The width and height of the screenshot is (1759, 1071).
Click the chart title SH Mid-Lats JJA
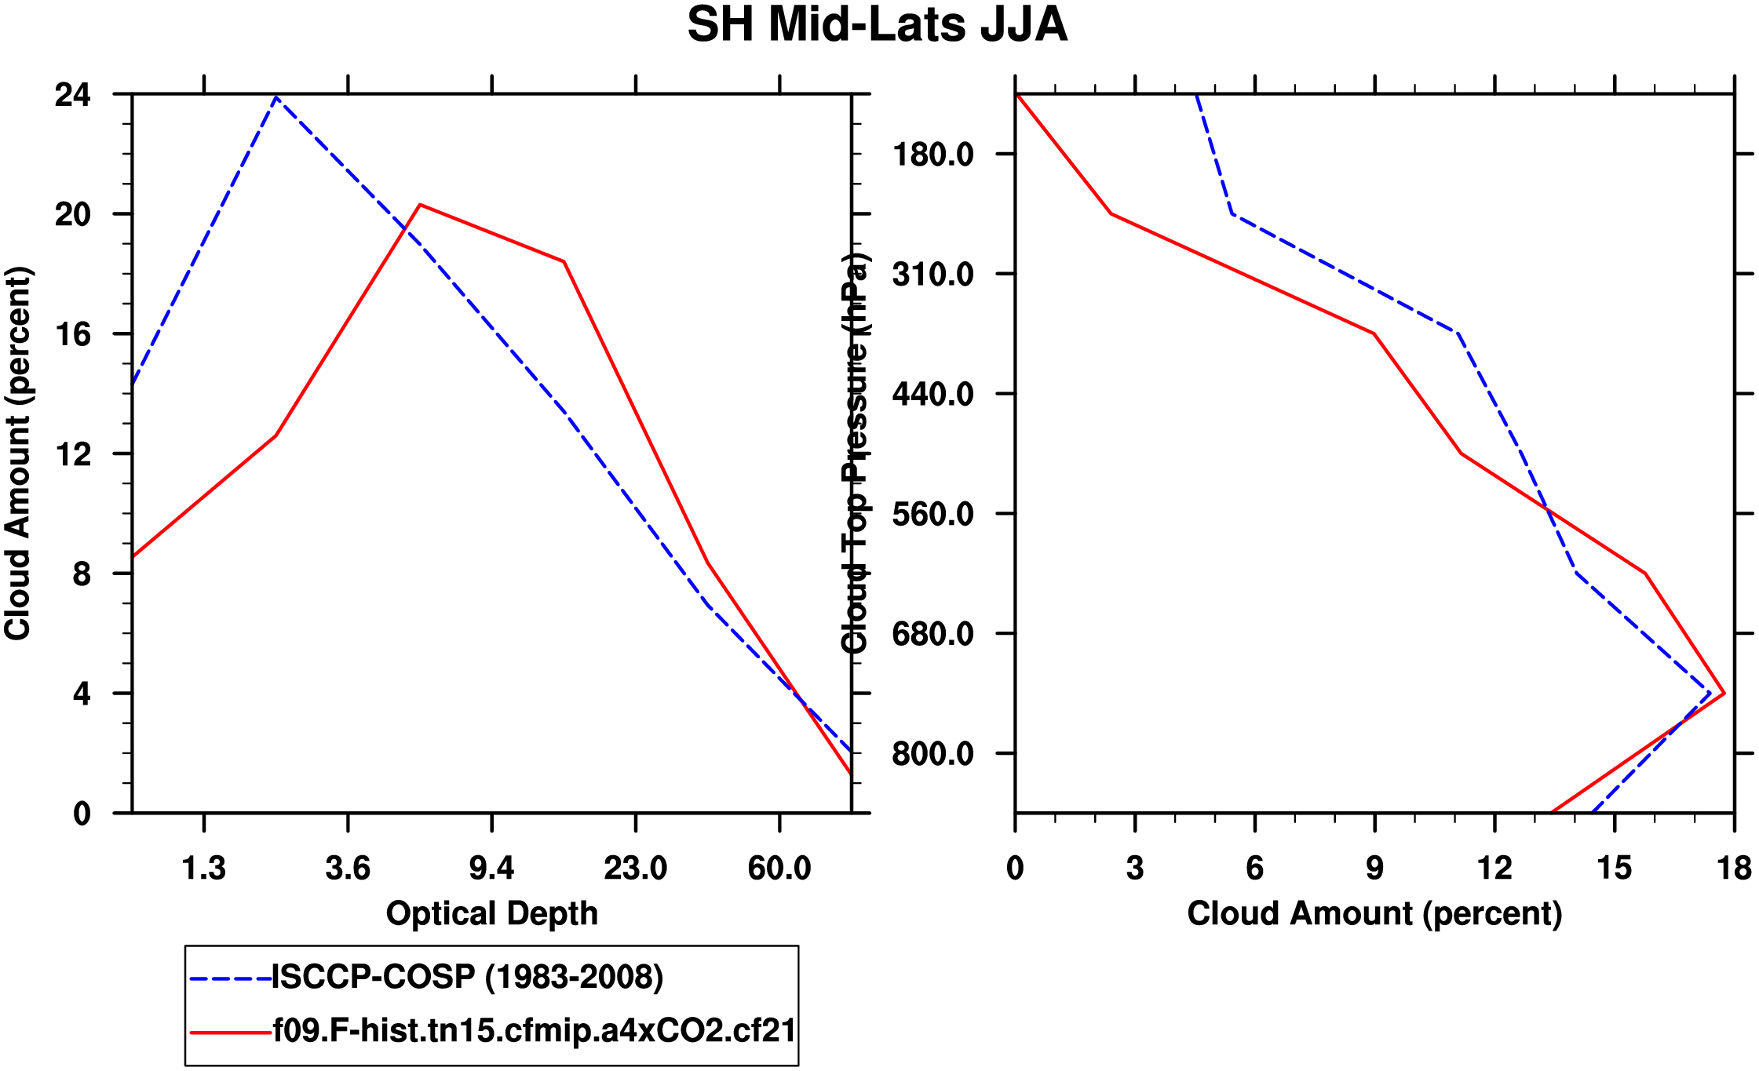tap(877, 25)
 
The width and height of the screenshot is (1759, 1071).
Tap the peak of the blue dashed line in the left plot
tap(276, 97)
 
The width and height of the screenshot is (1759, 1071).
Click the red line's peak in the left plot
tap(420, 205)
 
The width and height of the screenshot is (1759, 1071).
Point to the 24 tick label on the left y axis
tap(72, 95)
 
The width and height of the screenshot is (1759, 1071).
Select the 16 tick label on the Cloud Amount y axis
tap(72, 335)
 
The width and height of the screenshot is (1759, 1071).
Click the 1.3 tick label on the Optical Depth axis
tap(203, 869)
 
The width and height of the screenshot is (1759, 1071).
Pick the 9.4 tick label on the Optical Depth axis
tap(491, 869)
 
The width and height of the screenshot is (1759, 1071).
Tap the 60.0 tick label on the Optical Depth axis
tap(779, 869)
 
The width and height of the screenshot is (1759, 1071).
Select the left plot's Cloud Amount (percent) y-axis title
tap(17, 454)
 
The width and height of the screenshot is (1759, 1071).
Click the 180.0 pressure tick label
tap(932, 155)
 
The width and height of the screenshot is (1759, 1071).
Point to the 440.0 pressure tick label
tap(932, 394)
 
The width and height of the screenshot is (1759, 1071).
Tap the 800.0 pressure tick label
tap(932, 754)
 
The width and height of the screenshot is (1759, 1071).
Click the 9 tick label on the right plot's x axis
tap(1374, 869)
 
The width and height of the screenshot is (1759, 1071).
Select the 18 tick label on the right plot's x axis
tap(1734, 869)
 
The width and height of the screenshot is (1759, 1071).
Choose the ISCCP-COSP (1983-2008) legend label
tap(468, 978)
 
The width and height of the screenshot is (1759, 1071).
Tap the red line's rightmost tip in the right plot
tap(1724, 694)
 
